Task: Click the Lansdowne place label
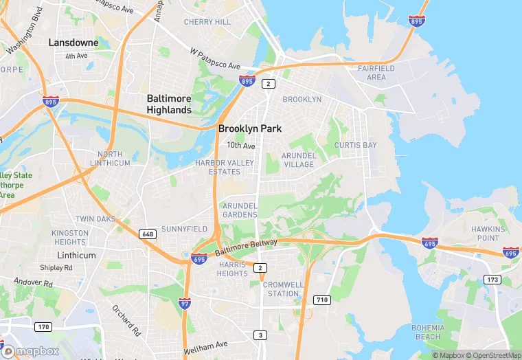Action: [x=73, y=43]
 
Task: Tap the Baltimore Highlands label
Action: [x=169, y=104]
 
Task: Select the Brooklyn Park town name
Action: [x=250, y=128]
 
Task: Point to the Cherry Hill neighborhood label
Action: [x=207, y=22]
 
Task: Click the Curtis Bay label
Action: [x=355, y=146]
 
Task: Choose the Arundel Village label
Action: [x=299, y=160]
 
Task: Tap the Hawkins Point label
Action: [x=488, y=233]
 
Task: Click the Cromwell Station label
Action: [x=283, y=289]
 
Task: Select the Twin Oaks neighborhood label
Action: [x=95, y=218]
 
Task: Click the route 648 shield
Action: [x=148, y=234]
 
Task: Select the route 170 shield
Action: [x=43, y=326]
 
